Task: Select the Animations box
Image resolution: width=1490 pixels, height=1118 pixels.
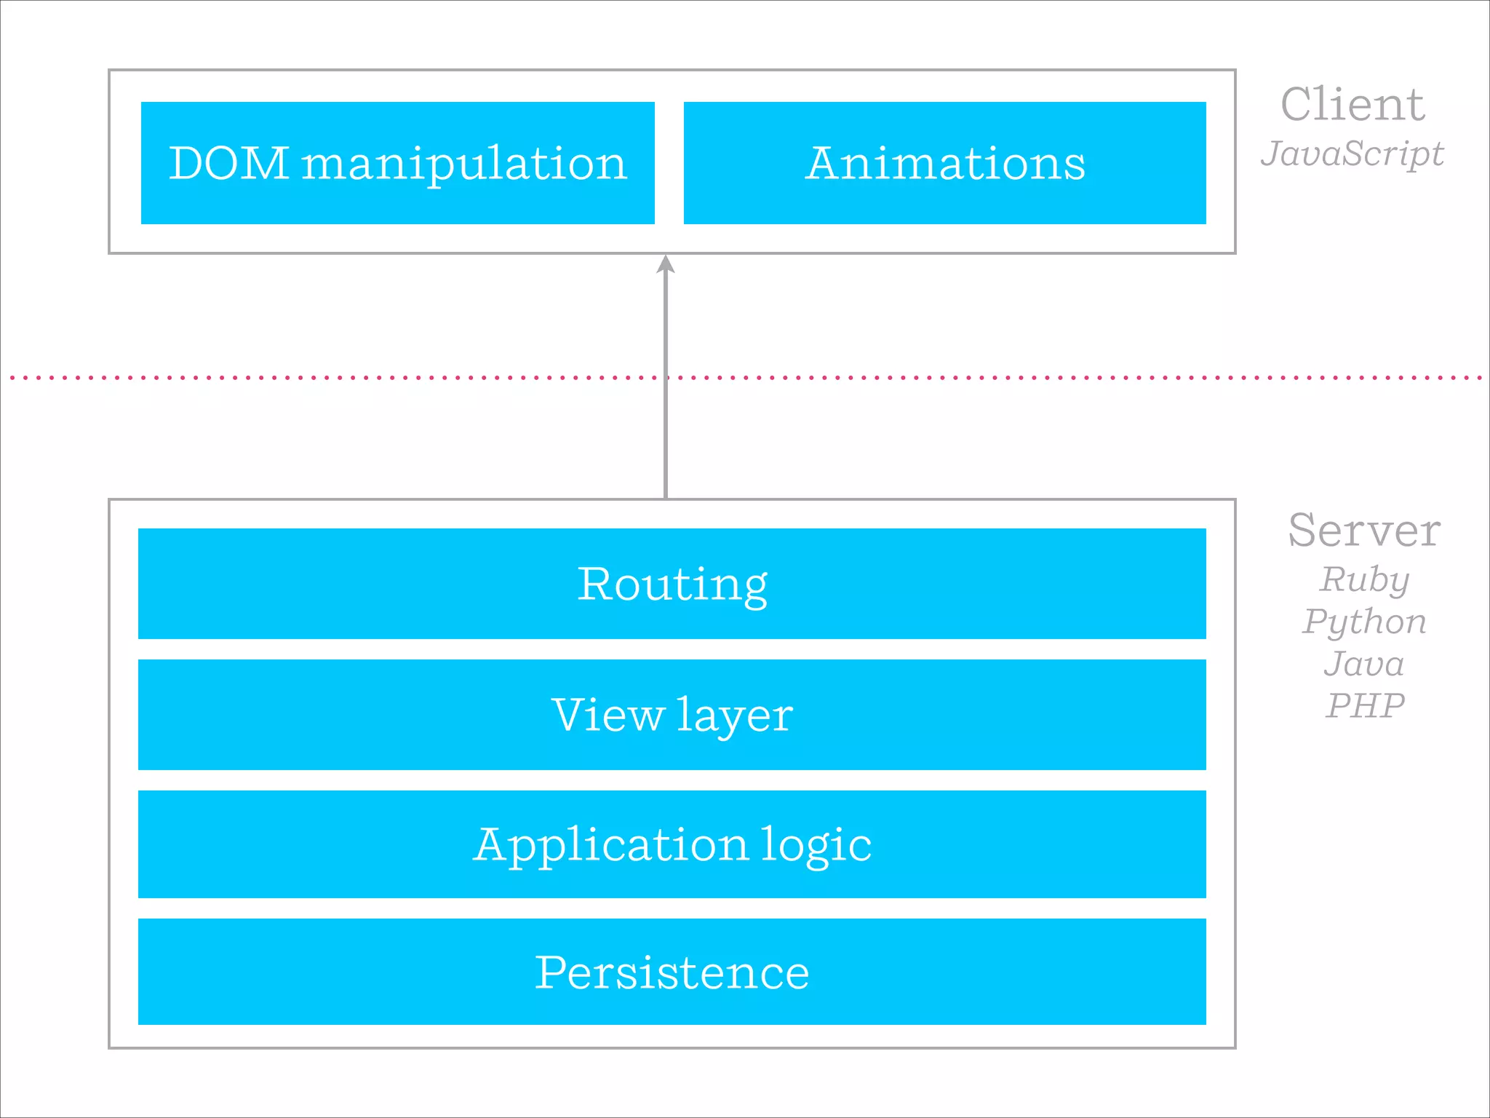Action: tap(944, 163)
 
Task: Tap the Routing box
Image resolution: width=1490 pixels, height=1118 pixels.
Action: tap(672, 584)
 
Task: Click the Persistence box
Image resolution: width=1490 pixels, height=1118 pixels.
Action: tap(672, 972)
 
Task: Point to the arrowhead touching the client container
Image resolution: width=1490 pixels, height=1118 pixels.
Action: tap(666, 264)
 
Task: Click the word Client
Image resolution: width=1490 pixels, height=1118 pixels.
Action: tap(1352, 105)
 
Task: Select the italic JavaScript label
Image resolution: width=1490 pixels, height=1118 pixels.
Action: tap(1352, 154)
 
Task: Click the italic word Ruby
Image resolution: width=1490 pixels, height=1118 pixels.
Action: tap(1364, 580)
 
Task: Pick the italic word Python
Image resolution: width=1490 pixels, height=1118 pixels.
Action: tap(1364, 622)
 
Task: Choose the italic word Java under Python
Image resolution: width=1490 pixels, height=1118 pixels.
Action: tap(1364, 664)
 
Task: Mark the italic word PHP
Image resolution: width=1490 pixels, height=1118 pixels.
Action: tap(1364, 705)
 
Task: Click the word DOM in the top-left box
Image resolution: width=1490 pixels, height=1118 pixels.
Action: tap(229, 163)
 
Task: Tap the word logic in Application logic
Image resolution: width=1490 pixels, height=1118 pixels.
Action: tap(816, 846)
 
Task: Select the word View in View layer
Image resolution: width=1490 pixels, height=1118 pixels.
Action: tap(608, 714)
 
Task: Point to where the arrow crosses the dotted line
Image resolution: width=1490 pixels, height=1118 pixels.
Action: tap(666, 378)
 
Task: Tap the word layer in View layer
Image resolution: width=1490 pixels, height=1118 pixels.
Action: tap(735, 715)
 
